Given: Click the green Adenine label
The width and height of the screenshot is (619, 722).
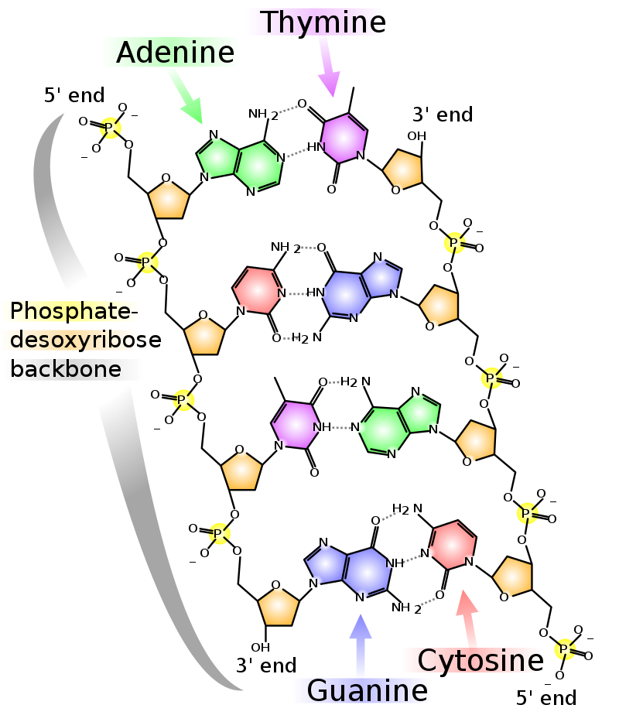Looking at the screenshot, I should [170, 53].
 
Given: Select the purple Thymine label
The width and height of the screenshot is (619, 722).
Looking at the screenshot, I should [314, 22].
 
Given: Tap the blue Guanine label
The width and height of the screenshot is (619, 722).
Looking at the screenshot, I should [361, 690].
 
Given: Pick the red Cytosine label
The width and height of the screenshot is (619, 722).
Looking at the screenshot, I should [471, 660].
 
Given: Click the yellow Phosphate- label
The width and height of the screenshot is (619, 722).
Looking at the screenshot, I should [70, 311].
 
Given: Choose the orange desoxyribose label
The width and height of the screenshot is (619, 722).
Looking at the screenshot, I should [70, 340].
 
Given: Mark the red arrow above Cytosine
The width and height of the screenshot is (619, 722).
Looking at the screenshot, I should [467, 618].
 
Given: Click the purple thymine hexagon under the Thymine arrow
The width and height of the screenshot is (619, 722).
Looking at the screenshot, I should [343, 139].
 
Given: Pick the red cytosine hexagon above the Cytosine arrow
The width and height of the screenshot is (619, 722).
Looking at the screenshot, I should [452, 545].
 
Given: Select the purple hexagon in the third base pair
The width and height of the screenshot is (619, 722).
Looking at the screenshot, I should [295, 424].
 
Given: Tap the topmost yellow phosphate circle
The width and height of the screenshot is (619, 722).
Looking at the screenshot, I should [111, 128].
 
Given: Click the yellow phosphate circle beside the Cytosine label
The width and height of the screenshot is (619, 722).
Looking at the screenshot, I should [565, 649].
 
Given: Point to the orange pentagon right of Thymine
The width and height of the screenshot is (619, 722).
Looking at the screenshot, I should [403, 169].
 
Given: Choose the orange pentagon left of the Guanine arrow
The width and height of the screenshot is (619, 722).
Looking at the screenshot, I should [279, 607].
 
